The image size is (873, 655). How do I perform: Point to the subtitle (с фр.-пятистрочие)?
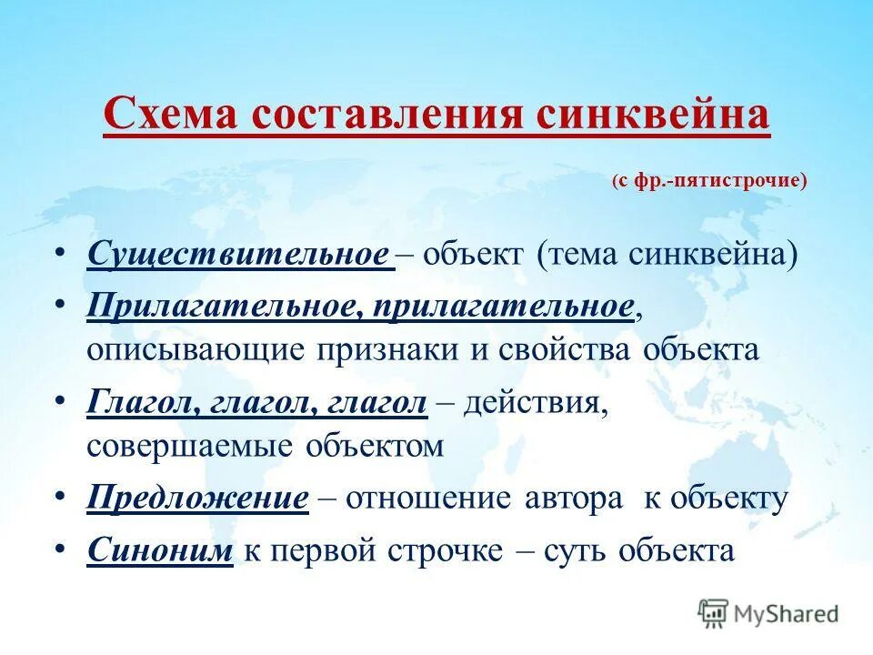coord(709,180)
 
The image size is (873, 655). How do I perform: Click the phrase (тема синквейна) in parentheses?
coord(667,254)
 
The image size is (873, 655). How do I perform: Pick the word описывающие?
coord(195,350)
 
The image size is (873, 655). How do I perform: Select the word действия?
coord(536,402)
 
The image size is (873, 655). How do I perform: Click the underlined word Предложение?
coord(199,499)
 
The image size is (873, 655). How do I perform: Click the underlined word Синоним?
coord(161,550)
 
